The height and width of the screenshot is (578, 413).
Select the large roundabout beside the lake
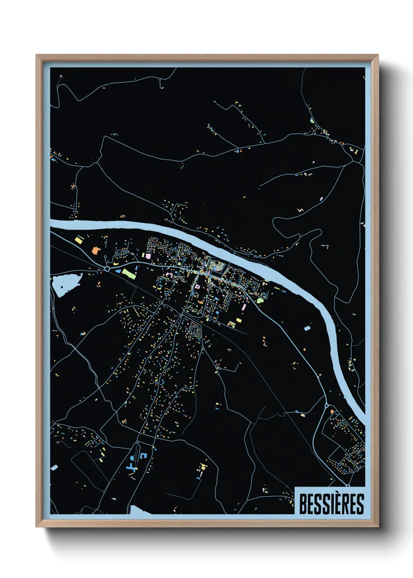coord(107,269)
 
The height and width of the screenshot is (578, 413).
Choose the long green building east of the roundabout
coord(129,273)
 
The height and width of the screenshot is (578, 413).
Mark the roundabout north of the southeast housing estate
coord(326,406)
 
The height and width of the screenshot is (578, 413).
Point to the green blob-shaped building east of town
coord(261,300)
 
